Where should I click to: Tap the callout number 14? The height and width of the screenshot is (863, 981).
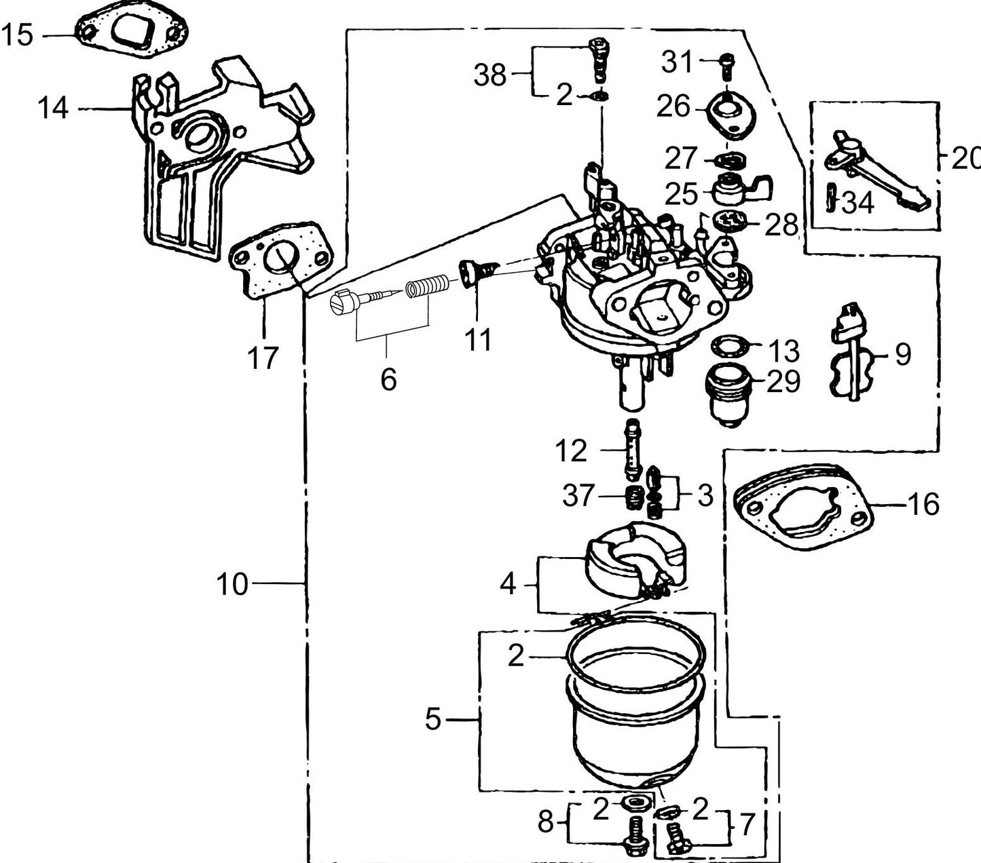point(53,108)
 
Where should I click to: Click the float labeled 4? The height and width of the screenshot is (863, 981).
point(635,560)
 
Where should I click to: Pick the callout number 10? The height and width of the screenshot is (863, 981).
point(232,583)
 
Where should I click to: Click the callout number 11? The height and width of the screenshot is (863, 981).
point(477,339)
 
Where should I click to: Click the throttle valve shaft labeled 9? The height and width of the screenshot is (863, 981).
point(847,353)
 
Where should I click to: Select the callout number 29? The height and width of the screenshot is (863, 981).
point(783,382)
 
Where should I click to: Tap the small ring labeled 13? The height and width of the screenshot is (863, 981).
point(728,347)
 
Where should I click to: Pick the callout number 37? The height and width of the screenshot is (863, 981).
point(578,496)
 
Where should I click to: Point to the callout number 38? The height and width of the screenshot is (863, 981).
point(490,75)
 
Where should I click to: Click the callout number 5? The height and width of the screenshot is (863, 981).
point(433,719)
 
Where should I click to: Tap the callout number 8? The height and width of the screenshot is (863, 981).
point(545,823)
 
